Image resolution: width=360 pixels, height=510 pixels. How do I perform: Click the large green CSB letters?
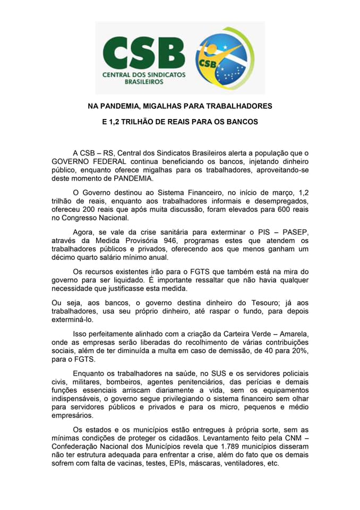(x=144, y=52)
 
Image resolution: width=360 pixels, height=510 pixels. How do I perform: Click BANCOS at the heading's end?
(x=242, y=122)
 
